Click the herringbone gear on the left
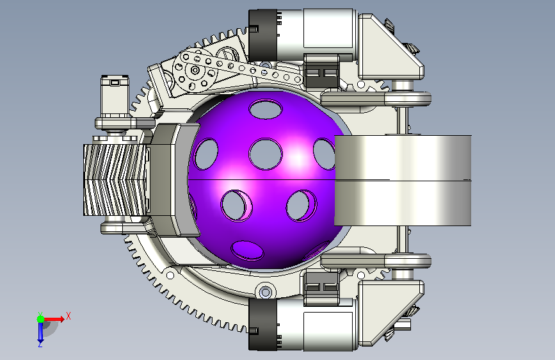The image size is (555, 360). [115, 179]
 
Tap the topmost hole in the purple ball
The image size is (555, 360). [266, 109]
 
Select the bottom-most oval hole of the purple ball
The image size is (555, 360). [247, 250]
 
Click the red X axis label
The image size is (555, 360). [68, 316]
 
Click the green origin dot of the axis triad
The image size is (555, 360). [41, 319]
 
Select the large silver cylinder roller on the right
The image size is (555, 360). [403, 181]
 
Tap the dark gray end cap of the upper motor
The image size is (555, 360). [262, 35]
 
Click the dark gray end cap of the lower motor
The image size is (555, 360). [262, 325]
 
